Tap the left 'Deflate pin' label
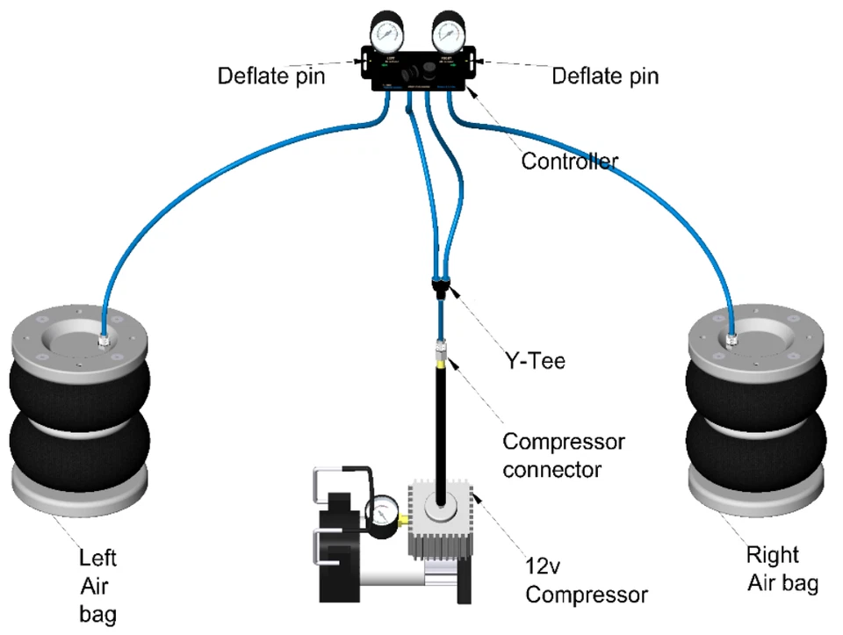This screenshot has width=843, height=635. click(271, 76)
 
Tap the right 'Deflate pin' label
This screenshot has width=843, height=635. click(605, 76)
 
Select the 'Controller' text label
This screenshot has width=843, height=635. click(569, 161)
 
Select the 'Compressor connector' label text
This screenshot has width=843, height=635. click(563, 455)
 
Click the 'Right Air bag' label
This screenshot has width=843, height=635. click(773, 568)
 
